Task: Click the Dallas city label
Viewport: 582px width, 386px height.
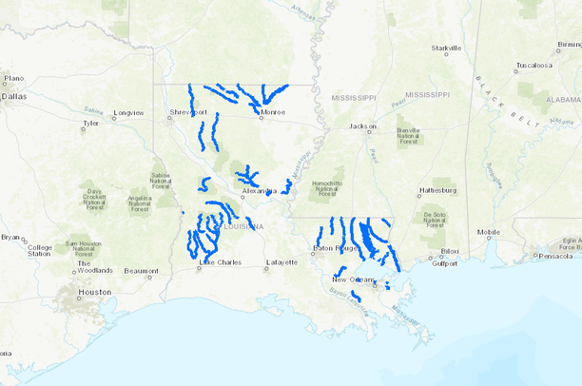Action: click(15, 96)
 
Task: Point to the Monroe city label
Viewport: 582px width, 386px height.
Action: click(272, 112)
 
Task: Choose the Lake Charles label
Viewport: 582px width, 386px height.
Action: click(219, 263)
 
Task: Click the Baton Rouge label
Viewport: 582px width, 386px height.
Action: click(334, 249)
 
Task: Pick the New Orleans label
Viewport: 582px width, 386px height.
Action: click(353, 279)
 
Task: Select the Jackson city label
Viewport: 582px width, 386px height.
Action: click(362, 125)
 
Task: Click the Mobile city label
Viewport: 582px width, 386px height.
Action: click(488, 232)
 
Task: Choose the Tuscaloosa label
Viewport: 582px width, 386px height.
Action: click(533, 66)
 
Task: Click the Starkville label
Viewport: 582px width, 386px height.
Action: click(445, 48)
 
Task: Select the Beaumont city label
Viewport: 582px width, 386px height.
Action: click(140, 271)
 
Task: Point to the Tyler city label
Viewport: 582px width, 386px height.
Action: click(91, 124)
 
